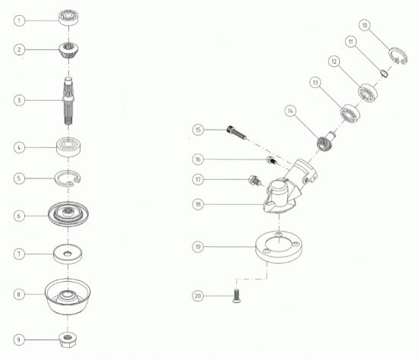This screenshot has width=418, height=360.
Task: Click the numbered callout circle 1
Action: point(19,21)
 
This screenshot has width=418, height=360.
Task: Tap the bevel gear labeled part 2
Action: point(68,51)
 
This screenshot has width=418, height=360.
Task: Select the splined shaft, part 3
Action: point(68,101)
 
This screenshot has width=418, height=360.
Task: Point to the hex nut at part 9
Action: point(68,339)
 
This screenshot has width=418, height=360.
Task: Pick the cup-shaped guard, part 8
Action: point(68,296)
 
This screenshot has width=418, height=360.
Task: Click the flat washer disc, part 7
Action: point(68,254)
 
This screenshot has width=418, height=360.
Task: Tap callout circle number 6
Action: point(19,216)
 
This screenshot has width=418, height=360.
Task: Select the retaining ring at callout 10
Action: point(397,56)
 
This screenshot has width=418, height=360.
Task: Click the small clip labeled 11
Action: point(384,73)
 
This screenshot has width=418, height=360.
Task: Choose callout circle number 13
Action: point(315,82)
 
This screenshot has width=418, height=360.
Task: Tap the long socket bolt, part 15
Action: point(236,132)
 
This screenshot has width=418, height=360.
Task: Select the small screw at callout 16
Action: point(272,161)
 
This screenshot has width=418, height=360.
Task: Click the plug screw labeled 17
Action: point(255,180)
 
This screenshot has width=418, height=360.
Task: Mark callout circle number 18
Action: point(198,204)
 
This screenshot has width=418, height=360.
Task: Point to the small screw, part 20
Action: point(236,295)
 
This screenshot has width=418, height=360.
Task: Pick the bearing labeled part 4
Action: point(68,147)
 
